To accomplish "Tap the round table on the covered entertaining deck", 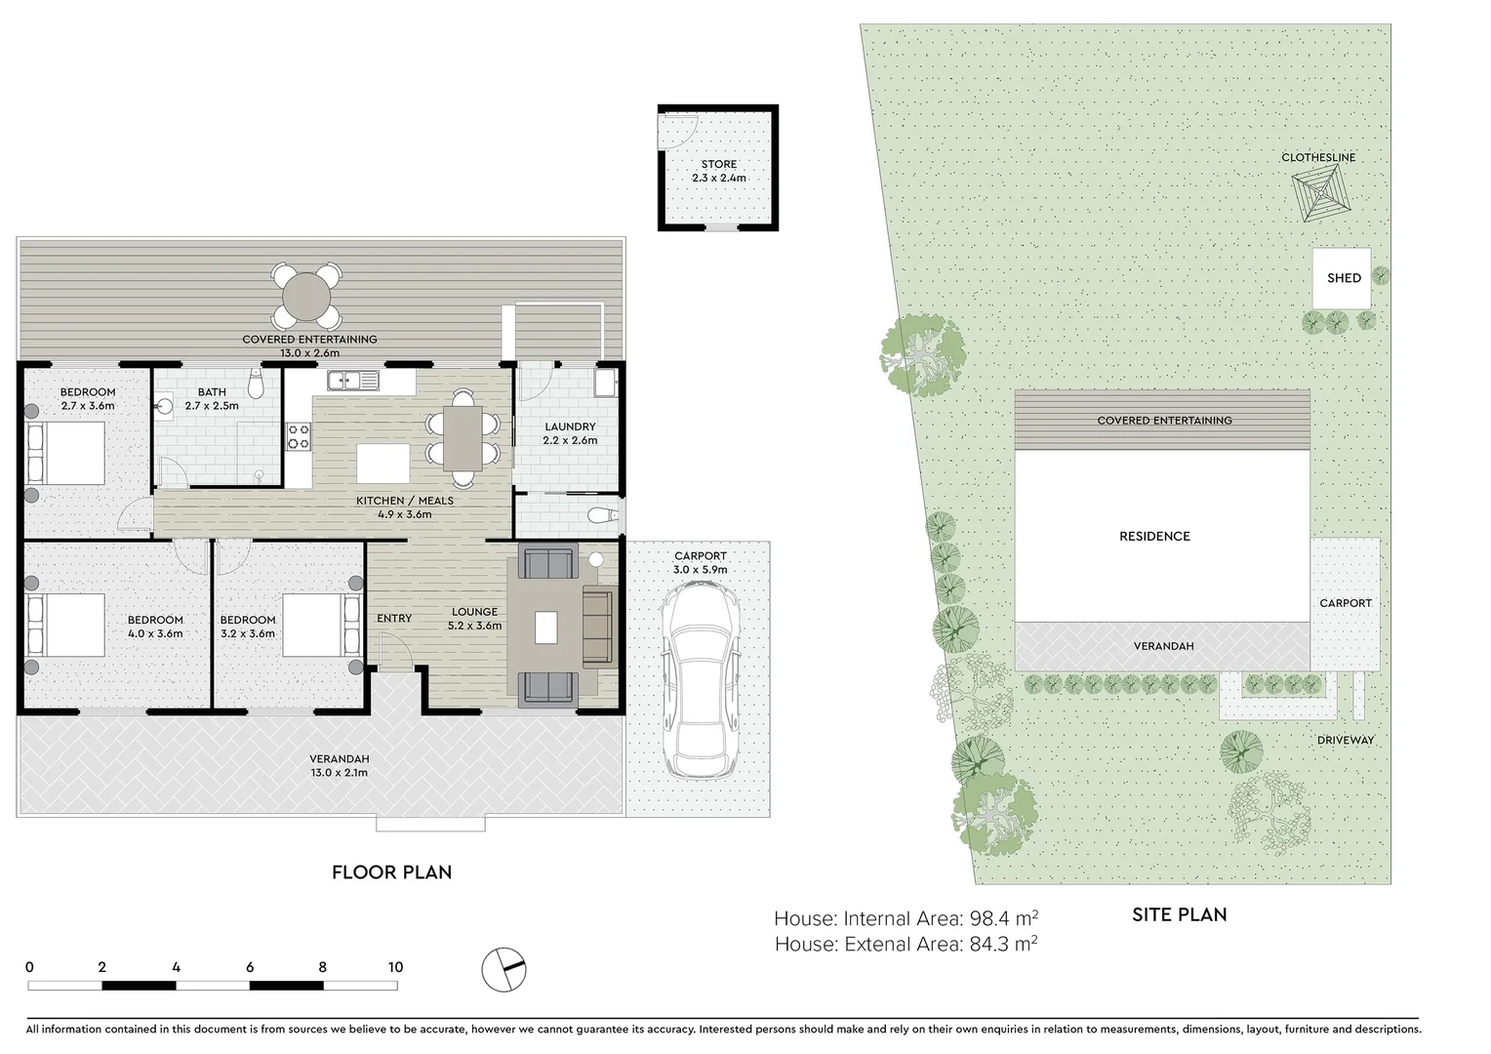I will [306, 296].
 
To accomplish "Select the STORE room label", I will [719, 164].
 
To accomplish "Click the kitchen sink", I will [352, 380].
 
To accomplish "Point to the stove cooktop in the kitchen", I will [298, 436].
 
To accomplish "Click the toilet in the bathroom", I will [256, 385].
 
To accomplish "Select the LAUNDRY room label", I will [570, 426].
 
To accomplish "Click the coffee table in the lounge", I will [545, 627].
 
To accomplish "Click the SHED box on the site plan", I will [1343, 278].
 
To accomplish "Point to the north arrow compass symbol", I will [504, 970].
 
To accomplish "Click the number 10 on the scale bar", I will [394, 967].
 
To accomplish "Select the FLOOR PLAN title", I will [391, 872].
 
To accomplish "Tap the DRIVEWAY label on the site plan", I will [1345, 740].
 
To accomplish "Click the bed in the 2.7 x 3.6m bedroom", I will [65, 453].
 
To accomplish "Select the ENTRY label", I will [394, 618].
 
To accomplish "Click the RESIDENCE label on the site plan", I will [1154, 536].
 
